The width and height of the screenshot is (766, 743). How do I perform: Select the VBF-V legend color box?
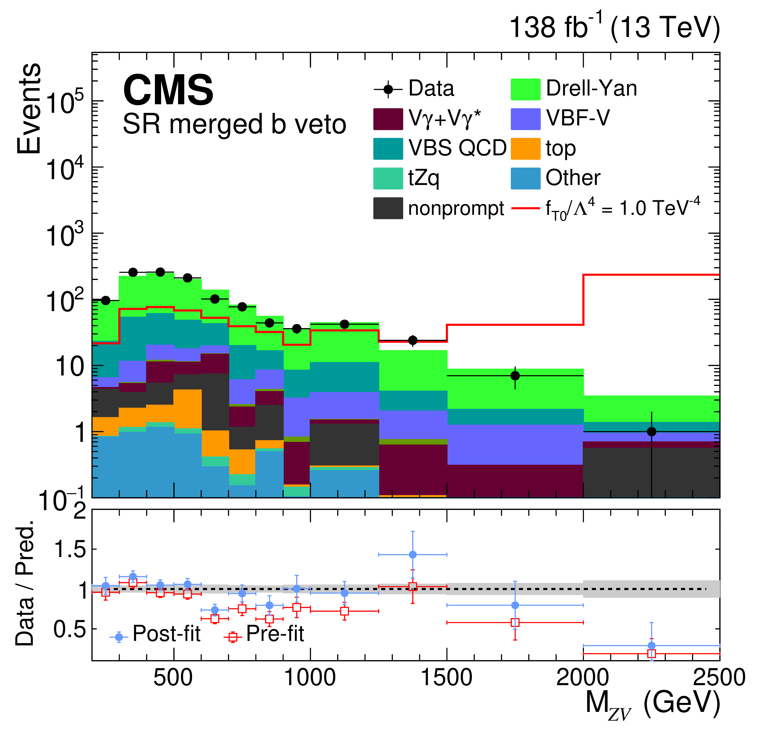click(x=525, y=119)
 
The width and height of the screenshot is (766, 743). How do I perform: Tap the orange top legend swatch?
click(x=525, y=149)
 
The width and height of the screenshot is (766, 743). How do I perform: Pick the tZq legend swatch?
click(x=388, y=179)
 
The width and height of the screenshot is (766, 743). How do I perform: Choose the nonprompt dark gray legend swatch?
click(x=388, y=208)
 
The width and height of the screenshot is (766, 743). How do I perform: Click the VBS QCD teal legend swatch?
click(x=388, y=149)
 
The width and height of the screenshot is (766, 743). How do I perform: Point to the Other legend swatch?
click(x=525, y=179)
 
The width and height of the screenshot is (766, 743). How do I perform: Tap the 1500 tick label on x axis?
click(x=446, y=678)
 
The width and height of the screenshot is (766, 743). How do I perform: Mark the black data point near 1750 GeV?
click(x=515, y=376)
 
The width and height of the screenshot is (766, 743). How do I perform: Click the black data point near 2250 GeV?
click(x=652, y=432)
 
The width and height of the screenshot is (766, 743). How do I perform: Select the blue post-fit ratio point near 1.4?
click(x=413, y=555)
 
